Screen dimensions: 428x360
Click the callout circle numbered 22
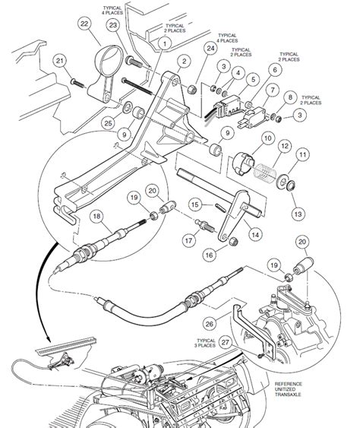(x=83, y=26)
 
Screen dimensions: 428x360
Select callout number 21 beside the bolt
(x=60, y=61)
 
